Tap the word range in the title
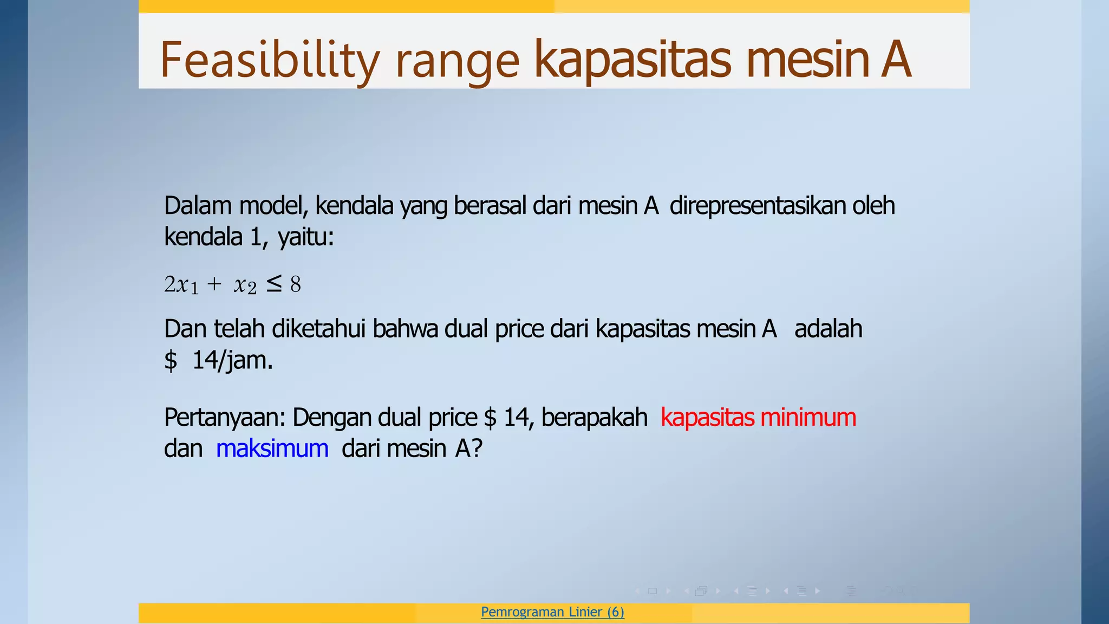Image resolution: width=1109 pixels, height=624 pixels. pos(458,61)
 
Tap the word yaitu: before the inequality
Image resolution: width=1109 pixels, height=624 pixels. pos(306,237)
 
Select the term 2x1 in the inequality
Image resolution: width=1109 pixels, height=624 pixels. pos(181,284)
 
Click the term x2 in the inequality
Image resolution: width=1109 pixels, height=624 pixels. pos(245,284)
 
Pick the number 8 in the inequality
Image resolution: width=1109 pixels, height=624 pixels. pos(295,284)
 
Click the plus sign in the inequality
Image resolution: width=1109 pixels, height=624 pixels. pos(214,284)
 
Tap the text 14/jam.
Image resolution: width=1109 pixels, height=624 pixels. pos(232,360)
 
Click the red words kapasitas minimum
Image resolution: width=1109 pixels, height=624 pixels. pos(758,418)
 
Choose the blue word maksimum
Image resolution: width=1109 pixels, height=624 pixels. pos(272,448)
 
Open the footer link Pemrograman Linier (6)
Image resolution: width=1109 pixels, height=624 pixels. pos(552,612)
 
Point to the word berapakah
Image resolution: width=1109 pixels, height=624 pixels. pos(594,418)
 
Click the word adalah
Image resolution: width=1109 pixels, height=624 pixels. pos(828,329)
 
